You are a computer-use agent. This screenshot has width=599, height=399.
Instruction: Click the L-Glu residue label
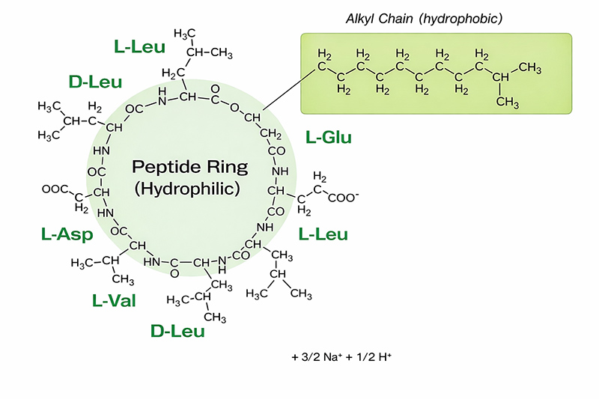329,137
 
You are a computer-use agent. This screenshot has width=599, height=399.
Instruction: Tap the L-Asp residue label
67,235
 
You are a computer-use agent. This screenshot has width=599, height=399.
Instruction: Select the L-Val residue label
113,301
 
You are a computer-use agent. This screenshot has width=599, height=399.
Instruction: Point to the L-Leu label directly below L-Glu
323,234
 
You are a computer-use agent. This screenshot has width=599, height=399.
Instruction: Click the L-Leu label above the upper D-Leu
140,46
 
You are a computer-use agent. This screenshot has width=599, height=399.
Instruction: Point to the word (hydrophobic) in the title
460,17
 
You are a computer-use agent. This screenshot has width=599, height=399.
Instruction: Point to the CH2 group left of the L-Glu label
272,134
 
